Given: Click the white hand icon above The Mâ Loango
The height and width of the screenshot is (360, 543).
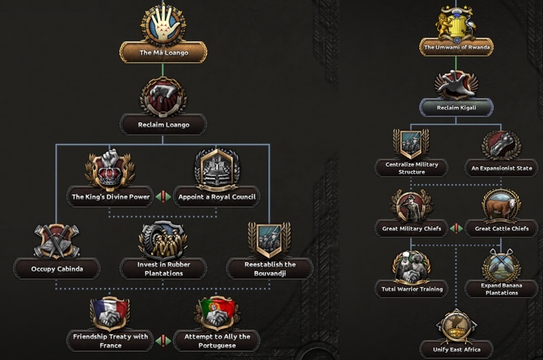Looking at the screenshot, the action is [163, 24].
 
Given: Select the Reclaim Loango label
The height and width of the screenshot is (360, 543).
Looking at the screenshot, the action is [164, 124].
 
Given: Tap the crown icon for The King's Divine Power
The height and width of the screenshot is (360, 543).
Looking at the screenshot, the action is [110, 170].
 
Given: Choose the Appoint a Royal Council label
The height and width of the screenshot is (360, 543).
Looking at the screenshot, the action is [217, 196].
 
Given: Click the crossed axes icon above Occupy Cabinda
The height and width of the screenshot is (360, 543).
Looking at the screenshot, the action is [57, 242].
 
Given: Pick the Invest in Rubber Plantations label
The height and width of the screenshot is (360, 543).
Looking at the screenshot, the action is [164, 269].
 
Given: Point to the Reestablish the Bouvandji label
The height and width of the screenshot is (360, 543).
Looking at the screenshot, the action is [270, 269].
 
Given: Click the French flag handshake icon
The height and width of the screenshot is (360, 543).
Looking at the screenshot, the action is [110, 313].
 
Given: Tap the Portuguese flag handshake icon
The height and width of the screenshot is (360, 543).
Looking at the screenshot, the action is [217, 313].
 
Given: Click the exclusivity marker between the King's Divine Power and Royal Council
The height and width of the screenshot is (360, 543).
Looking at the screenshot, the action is [163, 196].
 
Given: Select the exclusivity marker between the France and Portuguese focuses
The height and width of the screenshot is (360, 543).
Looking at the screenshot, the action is [163, 340].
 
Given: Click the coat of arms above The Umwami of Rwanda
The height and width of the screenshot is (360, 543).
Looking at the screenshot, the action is [456, 23].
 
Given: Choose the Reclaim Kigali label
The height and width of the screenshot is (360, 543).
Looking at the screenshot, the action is [456, 108].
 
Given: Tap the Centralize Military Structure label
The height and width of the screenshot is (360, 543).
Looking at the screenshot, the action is [412, 168].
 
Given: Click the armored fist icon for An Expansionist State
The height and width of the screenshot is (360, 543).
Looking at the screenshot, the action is [501, 145].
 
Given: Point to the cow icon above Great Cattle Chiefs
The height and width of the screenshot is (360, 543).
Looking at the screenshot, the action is [501, 205].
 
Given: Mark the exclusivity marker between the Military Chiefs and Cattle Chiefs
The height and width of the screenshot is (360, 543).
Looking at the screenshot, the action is [456, 229].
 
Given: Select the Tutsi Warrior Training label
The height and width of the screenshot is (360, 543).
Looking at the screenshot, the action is [412, 289].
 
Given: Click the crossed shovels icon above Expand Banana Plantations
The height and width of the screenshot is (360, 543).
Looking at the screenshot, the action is [501, 265].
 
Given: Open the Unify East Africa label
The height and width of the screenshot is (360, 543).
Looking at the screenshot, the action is [456, 350].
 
